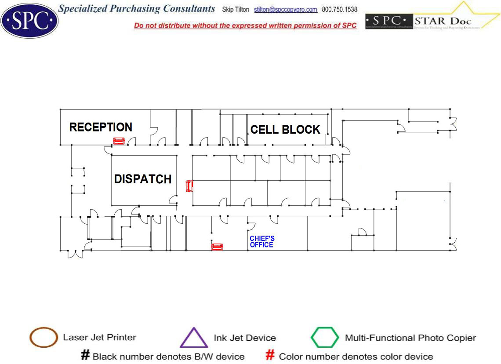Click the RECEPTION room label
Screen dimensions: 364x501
click(x=101, y=127)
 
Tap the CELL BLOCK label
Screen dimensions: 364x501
click(x=285, y=129)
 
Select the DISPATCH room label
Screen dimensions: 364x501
click(x=143, y=179)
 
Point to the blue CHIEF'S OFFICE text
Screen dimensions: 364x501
click(x=262, y=241)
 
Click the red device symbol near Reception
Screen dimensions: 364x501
click(x=119, y=141)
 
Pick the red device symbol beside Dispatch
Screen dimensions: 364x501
click(x=189, y=186)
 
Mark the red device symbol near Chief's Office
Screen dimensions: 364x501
click(x=217, y=247)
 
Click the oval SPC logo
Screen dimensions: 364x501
click(x=29, y=20)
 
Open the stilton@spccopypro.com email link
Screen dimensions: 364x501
click(x=286, y=10)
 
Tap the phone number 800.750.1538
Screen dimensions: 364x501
click(x=340, y=10)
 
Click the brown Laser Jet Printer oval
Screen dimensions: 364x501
click(x=44, y=338)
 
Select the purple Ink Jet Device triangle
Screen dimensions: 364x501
click(x=194, y=338)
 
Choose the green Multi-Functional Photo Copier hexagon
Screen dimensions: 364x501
click(x=325, y=338)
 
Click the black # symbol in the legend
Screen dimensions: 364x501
click(x=85, y=355)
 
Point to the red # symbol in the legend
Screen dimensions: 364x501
click(x=271, y=355)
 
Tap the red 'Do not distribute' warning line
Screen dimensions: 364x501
click(x=245, y=25)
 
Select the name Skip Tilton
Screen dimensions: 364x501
click(x=236, y=10)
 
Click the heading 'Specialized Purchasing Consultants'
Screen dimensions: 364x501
click(x=137, y=9)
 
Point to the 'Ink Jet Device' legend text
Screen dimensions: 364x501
click(x=245, y=338)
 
